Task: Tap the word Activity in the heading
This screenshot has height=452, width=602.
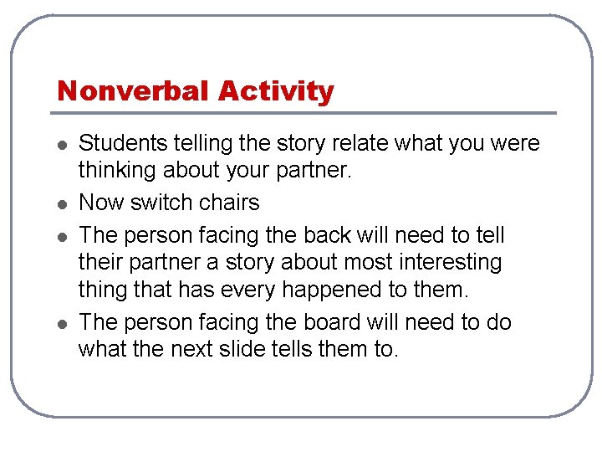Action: click(x=276, y=90)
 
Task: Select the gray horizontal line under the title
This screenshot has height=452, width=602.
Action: click(x=306, y=112)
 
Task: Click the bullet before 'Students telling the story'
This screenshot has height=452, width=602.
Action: click(x=61, y=145)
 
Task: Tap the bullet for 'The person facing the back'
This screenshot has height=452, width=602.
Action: click(x=61, y=235)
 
